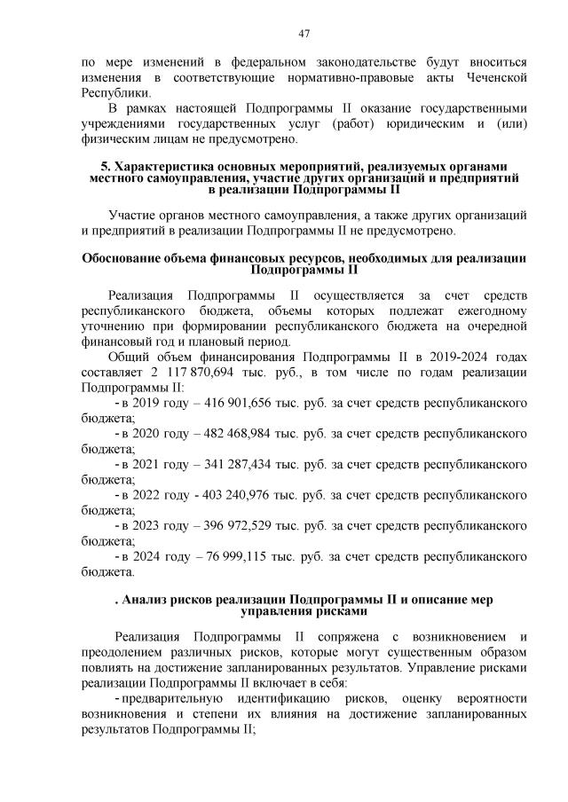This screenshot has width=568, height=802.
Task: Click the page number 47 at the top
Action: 304,33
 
